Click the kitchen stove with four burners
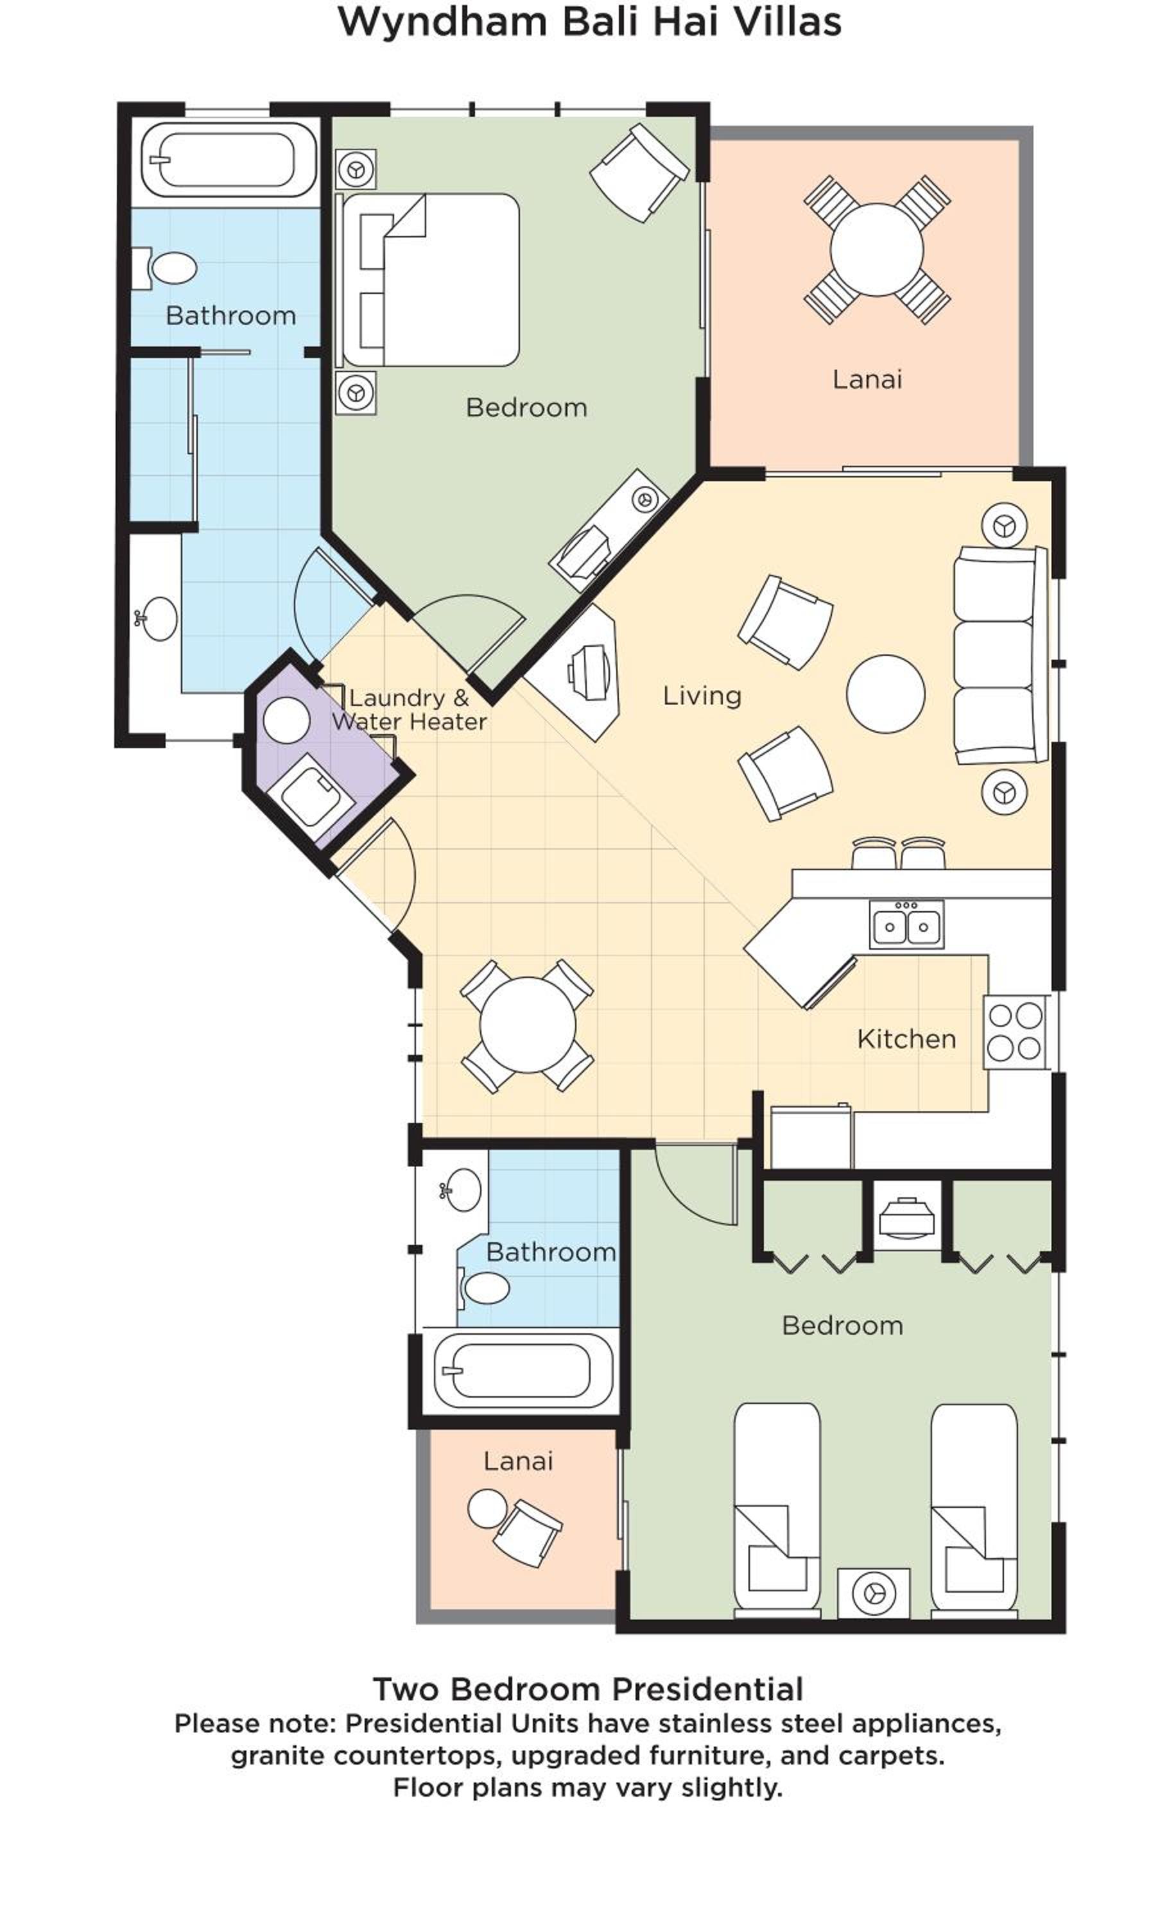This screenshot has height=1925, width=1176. (1015, 1031)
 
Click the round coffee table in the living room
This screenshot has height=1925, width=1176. (885, 694)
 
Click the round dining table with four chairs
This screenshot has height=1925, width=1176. (528, 1024)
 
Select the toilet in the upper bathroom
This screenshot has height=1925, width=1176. (164, 268)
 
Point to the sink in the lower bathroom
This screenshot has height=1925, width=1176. (461, 1190)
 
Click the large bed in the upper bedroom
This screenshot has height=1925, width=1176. (428, 280)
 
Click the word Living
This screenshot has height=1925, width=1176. (702, 696)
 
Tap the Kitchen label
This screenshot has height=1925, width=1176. (906, 1038)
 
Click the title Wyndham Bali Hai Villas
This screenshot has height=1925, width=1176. (589, 21)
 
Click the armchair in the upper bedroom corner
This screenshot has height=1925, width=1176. (639, 172)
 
